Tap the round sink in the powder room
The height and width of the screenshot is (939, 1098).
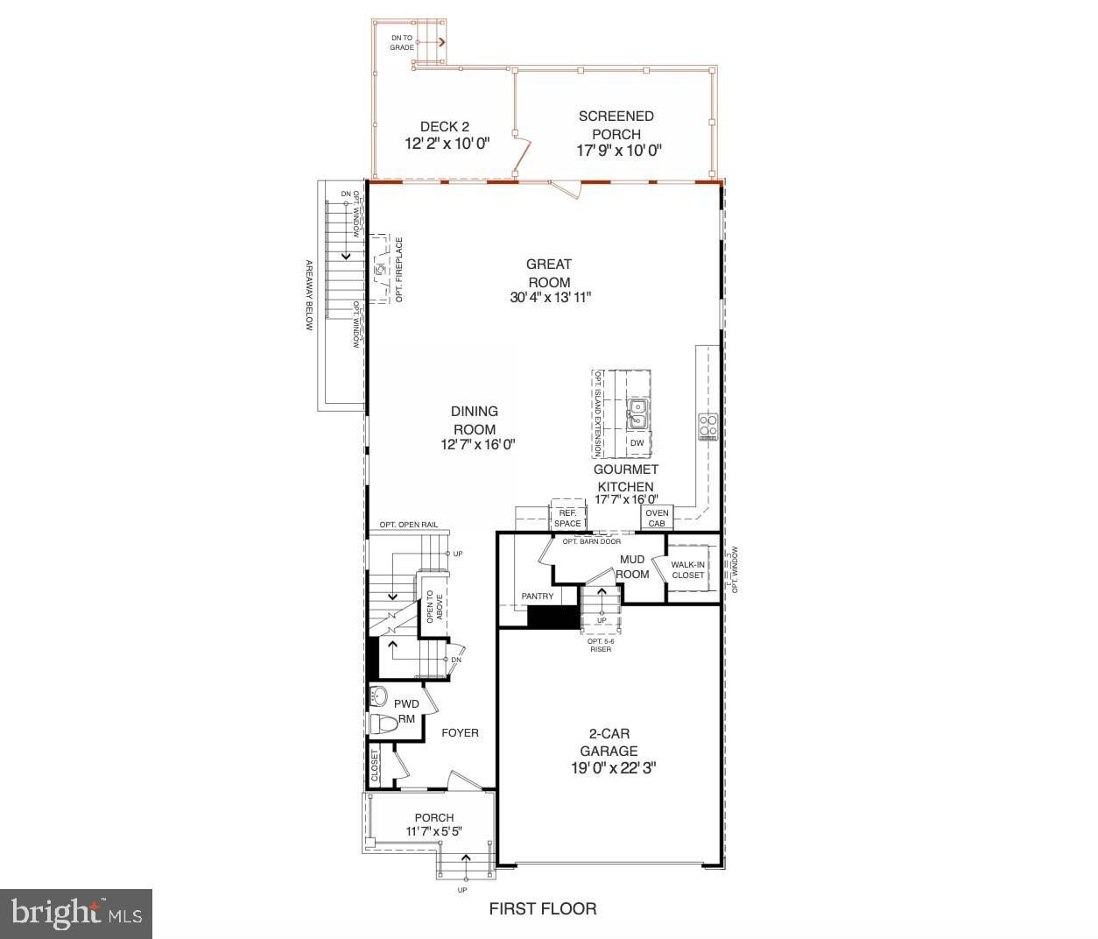point(379,696)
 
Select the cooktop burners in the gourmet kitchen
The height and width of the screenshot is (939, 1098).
point(707,426)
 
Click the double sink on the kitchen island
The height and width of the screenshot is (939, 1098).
point(637,413)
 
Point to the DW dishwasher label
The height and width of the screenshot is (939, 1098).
point(637,443)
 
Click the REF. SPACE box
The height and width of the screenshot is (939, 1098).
point(567,518)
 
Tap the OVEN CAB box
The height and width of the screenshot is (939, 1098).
point(657,518)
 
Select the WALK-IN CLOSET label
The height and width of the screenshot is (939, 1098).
point(687,569)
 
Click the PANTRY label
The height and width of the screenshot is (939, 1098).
point(538,597)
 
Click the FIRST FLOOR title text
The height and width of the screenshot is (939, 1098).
point(543,908)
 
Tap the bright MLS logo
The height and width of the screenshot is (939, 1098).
point(76,914)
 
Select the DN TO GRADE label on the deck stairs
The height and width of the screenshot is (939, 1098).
point(403,42)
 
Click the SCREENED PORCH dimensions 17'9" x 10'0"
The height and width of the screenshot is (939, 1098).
point(618,151)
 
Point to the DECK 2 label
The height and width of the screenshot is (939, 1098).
point(444,126)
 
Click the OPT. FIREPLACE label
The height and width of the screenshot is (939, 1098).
point(399,270)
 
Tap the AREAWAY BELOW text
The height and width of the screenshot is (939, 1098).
point(308,295)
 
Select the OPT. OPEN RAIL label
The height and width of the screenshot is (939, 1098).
point(408,526)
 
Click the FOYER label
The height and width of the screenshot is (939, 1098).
point(460,732)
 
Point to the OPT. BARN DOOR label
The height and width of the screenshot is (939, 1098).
point(591,541)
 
